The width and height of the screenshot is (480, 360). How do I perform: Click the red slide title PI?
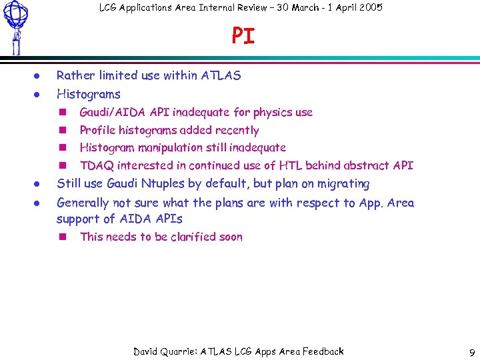[243, 36]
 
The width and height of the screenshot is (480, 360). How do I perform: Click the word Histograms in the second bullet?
[88, 94]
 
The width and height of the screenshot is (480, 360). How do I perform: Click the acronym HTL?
[290, 165]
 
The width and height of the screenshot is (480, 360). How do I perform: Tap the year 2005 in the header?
[368, 7]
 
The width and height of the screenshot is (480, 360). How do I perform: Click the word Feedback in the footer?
[323, 351]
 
